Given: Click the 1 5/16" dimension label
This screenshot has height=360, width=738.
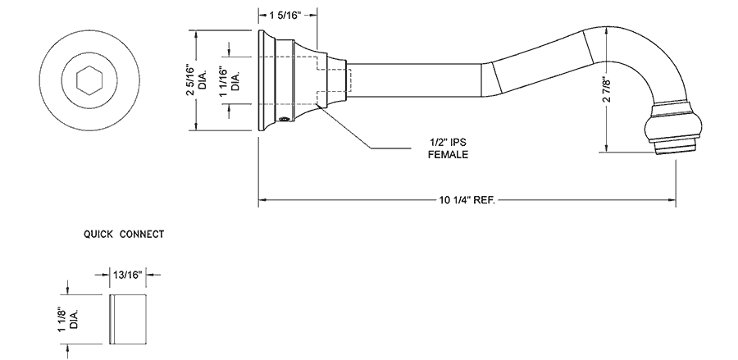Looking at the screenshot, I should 288,15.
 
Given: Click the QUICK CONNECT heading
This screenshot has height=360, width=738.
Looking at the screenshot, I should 124,234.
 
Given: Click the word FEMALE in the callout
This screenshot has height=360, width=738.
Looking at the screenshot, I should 447,153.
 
